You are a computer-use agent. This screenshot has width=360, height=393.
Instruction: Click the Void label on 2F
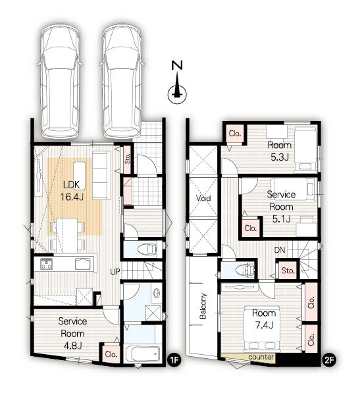tap(203, 197)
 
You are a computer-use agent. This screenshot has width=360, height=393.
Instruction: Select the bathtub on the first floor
tap(143, 354)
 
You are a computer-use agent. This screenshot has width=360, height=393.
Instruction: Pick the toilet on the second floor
tap(242, 269)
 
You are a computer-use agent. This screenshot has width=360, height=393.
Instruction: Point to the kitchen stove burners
tap(47, 265)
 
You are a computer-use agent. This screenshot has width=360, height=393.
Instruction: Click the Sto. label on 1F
tap(128, 158)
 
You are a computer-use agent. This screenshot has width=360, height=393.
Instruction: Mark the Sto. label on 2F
tap(287, 269)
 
